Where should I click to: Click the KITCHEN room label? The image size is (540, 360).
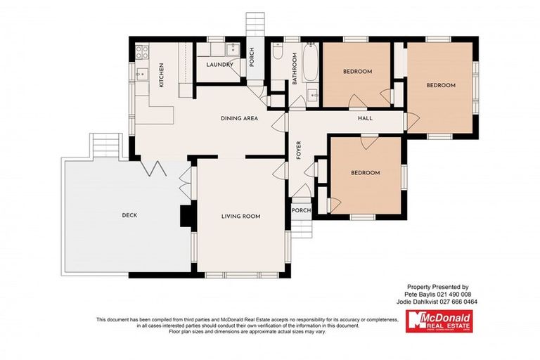click(x=160, y=75)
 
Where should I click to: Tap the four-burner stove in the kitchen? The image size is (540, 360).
click(x=140, y=51)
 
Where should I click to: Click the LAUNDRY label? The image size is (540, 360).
click(x=219, y=65)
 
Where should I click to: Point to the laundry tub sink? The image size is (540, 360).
click(x=231, y=49)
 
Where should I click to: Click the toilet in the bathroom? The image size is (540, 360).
click(x=278, y=52)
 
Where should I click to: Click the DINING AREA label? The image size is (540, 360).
click(x=239, y=118)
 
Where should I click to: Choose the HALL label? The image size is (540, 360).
click(x=365, y=118)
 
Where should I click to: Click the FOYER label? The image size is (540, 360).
click(x=298, y=150)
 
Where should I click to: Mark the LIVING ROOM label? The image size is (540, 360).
click(x=240, y=217)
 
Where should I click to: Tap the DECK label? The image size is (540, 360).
click(x=129, y=215)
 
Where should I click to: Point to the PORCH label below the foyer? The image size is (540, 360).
click(x=301, y=210)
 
